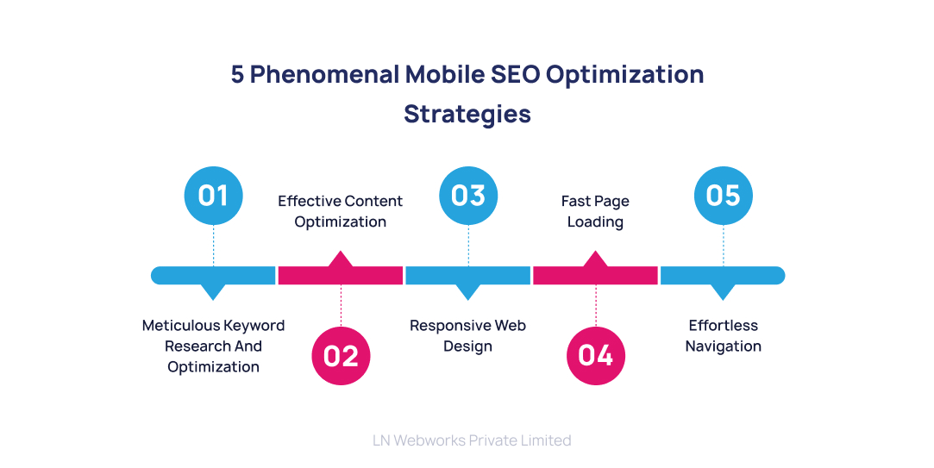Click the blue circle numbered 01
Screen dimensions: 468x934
click(x=213, y=196)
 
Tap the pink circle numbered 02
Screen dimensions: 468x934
click(x=341, y=355)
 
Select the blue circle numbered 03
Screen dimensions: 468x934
click(x=468, y=196)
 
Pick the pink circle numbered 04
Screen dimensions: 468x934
click(x=596, y=355)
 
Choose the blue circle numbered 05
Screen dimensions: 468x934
click(x=723, y=196)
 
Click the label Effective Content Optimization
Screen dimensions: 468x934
click(x=340, y=211)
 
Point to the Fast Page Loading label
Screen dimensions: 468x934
click(x=595, y=211)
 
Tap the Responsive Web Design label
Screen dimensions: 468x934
click(x=467, y=336)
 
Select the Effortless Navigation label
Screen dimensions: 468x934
click(x=723, y=336)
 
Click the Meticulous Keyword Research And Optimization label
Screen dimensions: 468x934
click(x=213, y=346)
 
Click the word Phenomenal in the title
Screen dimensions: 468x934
click(x=325, y=75)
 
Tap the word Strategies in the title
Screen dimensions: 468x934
click(x=467, y=114)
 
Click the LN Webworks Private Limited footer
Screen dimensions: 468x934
click(x=472, y=440)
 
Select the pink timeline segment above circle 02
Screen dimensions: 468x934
click(x=341, y=274)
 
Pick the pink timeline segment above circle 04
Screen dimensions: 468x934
click(x=596, y=274)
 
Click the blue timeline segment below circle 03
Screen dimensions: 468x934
click(x=468, y=276)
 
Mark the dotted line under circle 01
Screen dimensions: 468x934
click(x=213, y=246)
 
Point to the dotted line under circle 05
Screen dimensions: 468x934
click(x=723, y=246)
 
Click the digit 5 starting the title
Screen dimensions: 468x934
click(x=237, y=75)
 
